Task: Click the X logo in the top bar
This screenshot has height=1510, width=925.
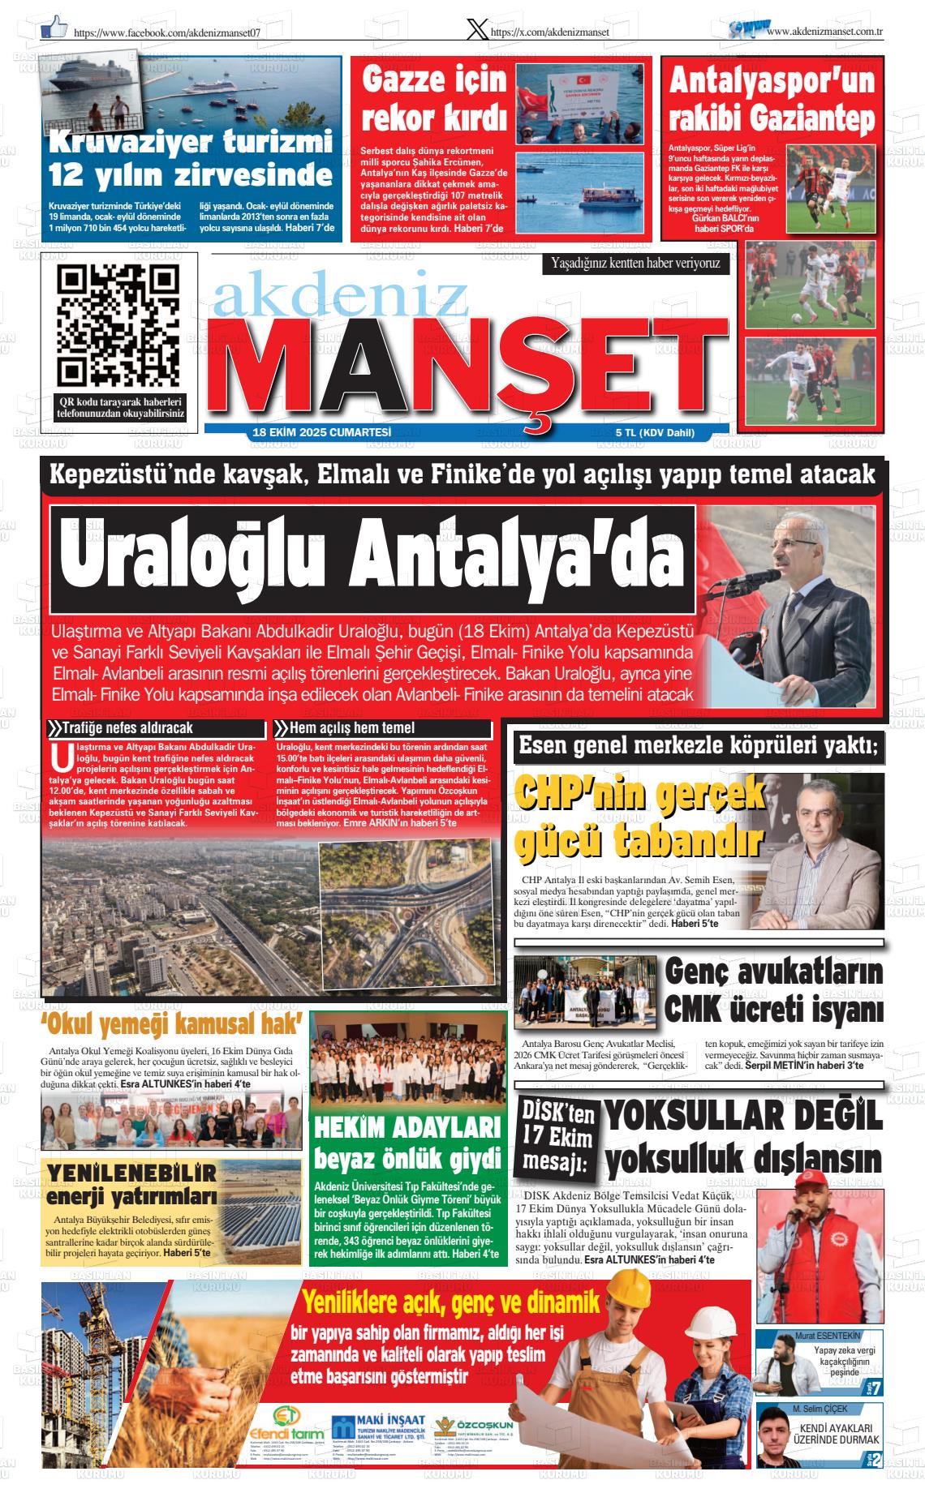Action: pyautogui.click(x=478, y=30)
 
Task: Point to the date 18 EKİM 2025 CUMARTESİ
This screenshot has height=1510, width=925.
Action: pyautogui.click(x=322, y=433)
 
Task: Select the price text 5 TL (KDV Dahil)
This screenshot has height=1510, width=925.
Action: pyautogui.click(x=655, y=433)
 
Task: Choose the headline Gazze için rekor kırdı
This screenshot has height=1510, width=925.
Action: pyautogui.click(x=434, y=101)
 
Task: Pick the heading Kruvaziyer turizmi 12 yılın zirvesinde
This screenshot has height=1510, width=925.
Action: pyautogui.click(x=191, y=158)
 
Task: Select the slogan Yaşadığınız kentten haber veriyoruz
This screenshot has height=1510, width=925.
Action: pyautogui.click(x=635, y=263)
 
